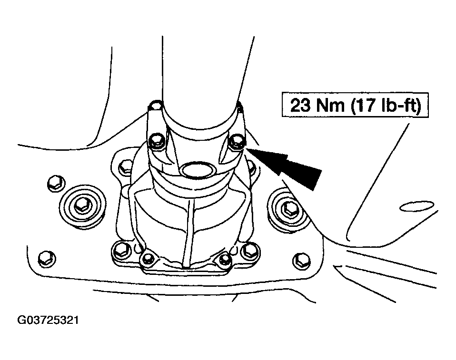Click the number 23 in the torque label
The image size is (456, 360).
(300, 105)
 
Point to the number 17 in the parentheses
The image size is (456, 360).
(366, 105)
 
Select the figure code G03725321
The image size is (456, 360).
(48, 320)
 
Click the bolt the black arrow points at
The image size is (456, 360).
(237, 142)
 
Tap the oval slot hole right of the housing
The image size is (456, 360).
(417, 206)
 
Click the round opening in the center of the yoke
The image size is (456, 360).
(198, 170)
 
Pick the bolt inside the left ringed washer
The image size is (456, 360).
(83, 206)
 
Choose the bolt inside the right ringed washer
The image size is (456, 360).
(289, 207)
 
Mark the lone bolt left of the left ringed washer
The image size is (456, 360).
(56, 184)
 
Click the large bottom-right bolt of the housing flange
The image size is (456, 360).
(250, 250)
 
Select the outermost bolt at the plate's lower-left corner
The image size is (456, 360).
(47, 258)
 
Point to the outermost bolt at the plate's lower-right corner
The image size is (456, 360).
(301, 260)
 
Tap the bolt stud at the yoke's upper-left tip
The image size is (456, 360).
(155, 105)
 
